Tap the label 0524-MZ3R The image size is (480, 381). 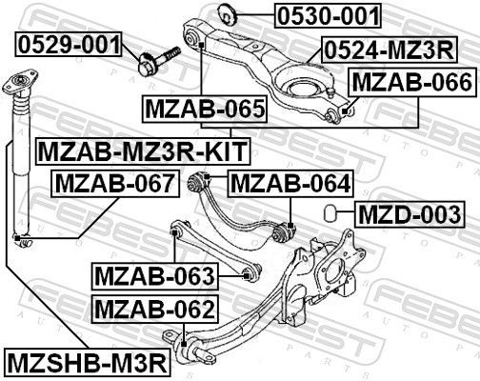pyautogui.click(x=389, y=50)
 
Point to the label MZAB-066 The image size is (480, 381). pyautogui.click(x=411, y=83)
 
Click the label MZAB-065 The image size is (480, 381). pyautogui.click(x=204, y=110)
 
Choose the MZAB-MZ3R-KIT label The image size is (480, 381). pyautogui.click(x=141, y=150)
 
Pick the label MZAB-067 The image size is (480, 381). pyautogui.click(x=113, y=183)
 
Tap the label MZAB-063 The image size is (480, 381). pyautogui.click(x=154, y=277)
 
